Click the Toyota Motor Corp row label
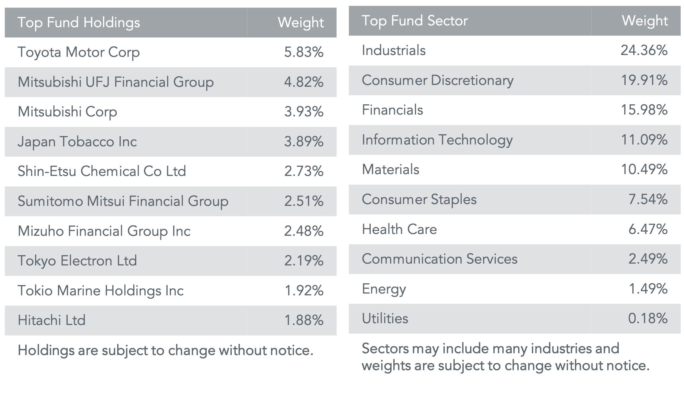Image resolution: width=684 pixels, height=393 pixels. tap(79, 52)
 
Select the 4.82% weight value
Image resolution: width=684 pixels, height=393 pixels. tap(304, 82)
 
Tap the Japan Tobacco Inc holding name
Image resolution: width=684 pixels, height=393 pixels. tap(77, 142)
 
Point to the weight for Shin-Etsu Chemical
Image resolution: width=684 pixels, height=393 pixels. tap(304, 171)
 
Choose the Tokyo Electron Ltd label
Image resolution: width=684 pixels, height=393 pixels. tap(77, 261)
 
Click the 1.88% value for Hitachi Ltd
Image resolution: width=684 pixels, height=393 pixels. tap(304, 320)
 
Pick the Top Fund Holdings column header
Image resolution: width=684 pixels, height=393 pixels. tap(79, 23)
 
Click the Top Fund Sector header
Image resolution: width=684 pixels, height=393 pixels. tap(415, 21)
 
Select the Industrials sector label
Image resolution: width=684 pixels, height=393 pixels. tap(393, 50)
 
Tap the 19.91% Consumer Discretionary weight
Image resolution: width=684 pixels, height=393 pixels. tap(644, 80)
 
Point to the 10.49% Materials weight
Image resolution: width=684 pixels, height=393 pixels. tap(644, 170)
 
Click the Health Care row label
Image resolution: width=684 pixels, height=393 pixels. tap(399, 229)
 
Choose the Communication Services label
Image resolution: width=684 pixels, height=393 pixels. tap(439, 259)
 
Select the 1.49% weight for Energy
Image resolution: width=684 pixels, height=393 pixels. tap(648, 289)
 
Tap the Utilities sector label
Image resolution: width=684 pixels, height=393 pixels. tap(385, 319)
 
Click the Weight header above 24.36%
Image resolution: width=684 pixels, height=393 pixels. tap(645, 21)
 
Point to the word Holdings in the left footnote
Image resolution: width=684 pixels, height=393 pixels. tap(46, 351)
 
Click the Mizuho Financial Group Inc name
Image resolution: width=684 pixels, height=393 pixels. tap(104, 231)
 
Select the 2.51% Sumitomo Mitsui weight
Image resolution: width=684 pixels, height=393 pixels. tap(304, 201)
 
